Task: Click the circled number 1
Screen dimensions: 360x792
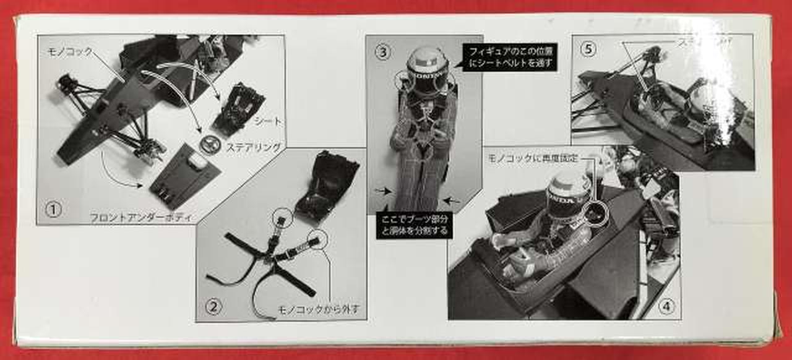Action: tap(53, 210)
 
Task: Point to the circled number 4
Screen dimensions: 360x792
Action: tap(665, 306)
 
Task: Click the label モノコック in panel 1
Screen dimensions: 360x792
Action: tap(70, 53)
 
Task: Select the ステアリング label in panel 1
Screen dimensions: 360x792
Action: tap(255, 147)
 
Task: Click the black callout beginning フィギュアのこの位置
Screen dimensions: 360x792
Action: tap(510, 56)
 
